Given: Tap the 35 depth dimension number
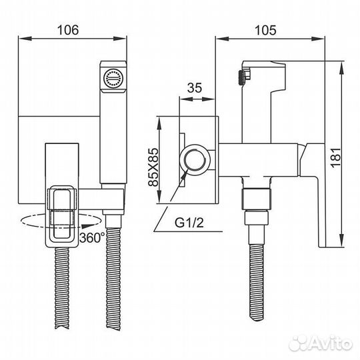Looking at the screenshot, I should tap(195, 86).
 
